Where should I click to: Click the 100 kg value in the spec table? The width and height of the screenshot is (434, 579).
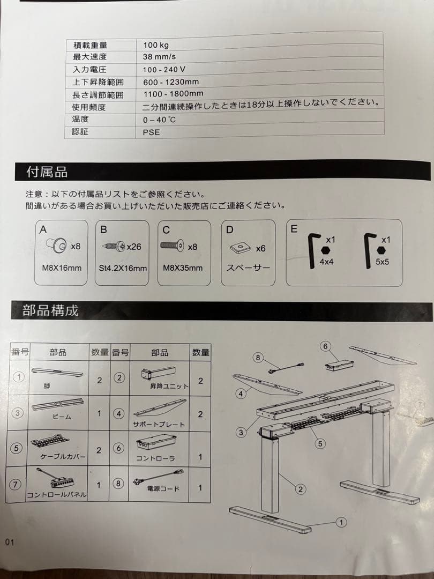coord(156,45)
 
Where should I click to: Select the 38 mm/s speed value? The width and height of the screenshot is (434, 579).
coord(159,57)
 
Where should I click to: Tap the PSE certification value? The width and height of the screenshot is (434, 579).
coord(152,132)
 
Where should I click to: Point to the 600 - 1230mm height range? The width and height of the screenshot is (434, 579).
coord(171,82)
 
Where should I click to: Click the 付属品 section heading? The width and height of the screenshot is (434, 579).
coord(47,172)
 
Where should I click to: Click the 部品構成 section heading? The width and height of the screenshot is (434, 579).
coord(50,310)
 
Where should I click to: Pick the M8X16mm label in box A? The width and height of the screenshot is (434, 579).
coord(62,267)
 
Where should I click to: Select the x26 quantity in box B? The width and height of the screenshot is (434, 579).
coord(133,247)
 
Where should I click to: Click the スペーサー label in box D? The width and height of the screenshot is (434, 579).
coord(248,268)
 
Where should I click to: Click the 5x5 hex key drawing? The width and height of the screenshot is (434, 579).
coord(369,250)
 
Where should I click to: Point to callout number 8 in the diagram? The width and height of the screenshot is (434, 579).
coord(258,357)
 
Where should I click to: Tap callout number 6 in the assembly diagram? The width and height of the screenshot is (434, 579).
coord(325,346)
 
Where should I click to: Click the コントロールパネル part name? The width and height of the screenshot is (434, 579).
coord(56,495)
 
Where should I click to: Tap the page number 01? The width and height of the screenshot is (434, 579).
coord(9,542)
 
